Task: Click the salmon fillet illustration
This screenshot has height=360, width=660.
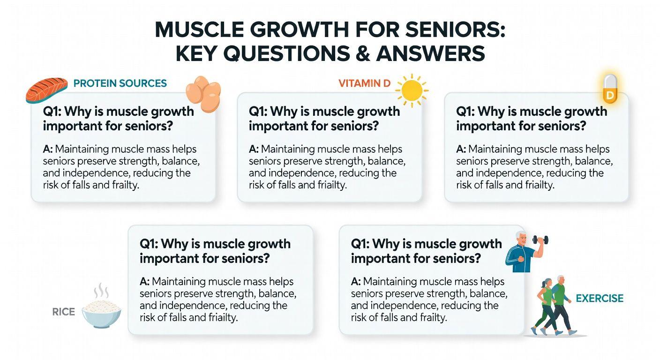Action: coord(46,90)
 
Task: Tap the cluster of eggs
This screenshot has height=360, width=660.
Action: coord(203,94)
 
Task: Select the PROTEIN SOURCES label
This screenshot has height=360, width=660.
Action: coord(120,83)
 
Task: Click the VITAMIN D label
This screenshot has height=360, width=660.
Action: coord(365,83)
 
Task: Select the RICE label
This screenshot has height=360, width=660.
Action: coord(63,312)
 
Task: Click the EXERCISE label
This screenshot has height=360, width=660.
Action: coord(600,299)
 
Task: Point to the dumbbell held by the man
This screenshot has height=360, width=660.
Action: coord(540,240)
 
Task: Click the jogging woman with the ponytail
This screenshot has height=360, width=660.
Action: coord(545,307)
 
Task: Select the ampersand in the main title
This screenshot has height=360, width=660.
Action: coord(363,53)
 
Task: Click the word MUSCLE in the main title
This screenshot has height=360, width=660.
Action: coord(199,30)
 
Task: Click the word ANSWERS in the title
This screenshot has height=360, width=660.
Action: coord(430,53)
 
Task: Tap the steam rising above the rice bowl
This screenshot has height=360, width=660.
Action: coord(101,291)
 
